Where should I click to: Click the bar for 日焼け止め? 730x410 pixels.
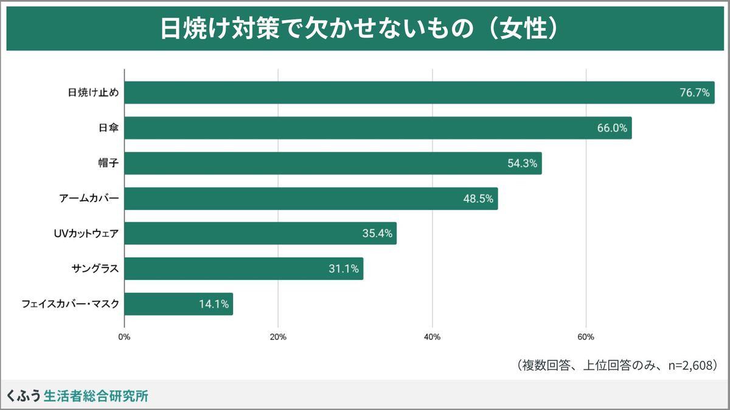pos(419,92)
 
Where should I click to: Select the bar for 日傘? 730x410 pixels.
pos(378,128)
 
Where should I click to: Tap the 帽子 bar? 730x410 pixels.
pos(333,163)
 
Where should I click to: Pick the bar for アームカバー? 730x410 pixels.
pos(311,199)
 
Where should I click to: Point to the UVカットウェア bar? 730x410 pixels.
pos(260,233)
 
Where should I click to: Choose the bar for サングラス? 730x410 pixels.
pos(243,268)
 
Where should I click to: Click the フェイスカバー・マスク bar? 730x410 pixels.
pos(178,304)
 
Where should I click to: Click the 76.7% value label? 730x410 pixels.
pos(695,93)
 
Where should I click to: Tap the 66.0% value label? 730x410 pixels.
pos(612,128)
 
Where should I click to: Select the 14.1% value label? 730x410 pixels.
pos(214,304)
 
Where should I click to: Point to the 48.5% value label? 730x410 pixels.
pos(478,199)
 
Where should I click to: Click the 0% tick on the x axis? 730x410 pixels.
pos(124,337)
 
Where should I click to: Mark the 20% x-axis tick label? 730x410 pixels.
pos(278,337)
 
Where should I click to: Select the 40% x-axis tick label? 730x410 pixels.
pos(432,337)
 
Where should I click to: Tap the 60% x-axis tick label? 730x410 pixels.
pos(586,337)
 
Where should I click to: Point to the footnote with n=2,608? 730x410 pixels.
pos(617,365)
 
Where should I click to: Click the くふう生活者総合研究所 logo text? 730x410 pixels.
pos(77,396)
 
